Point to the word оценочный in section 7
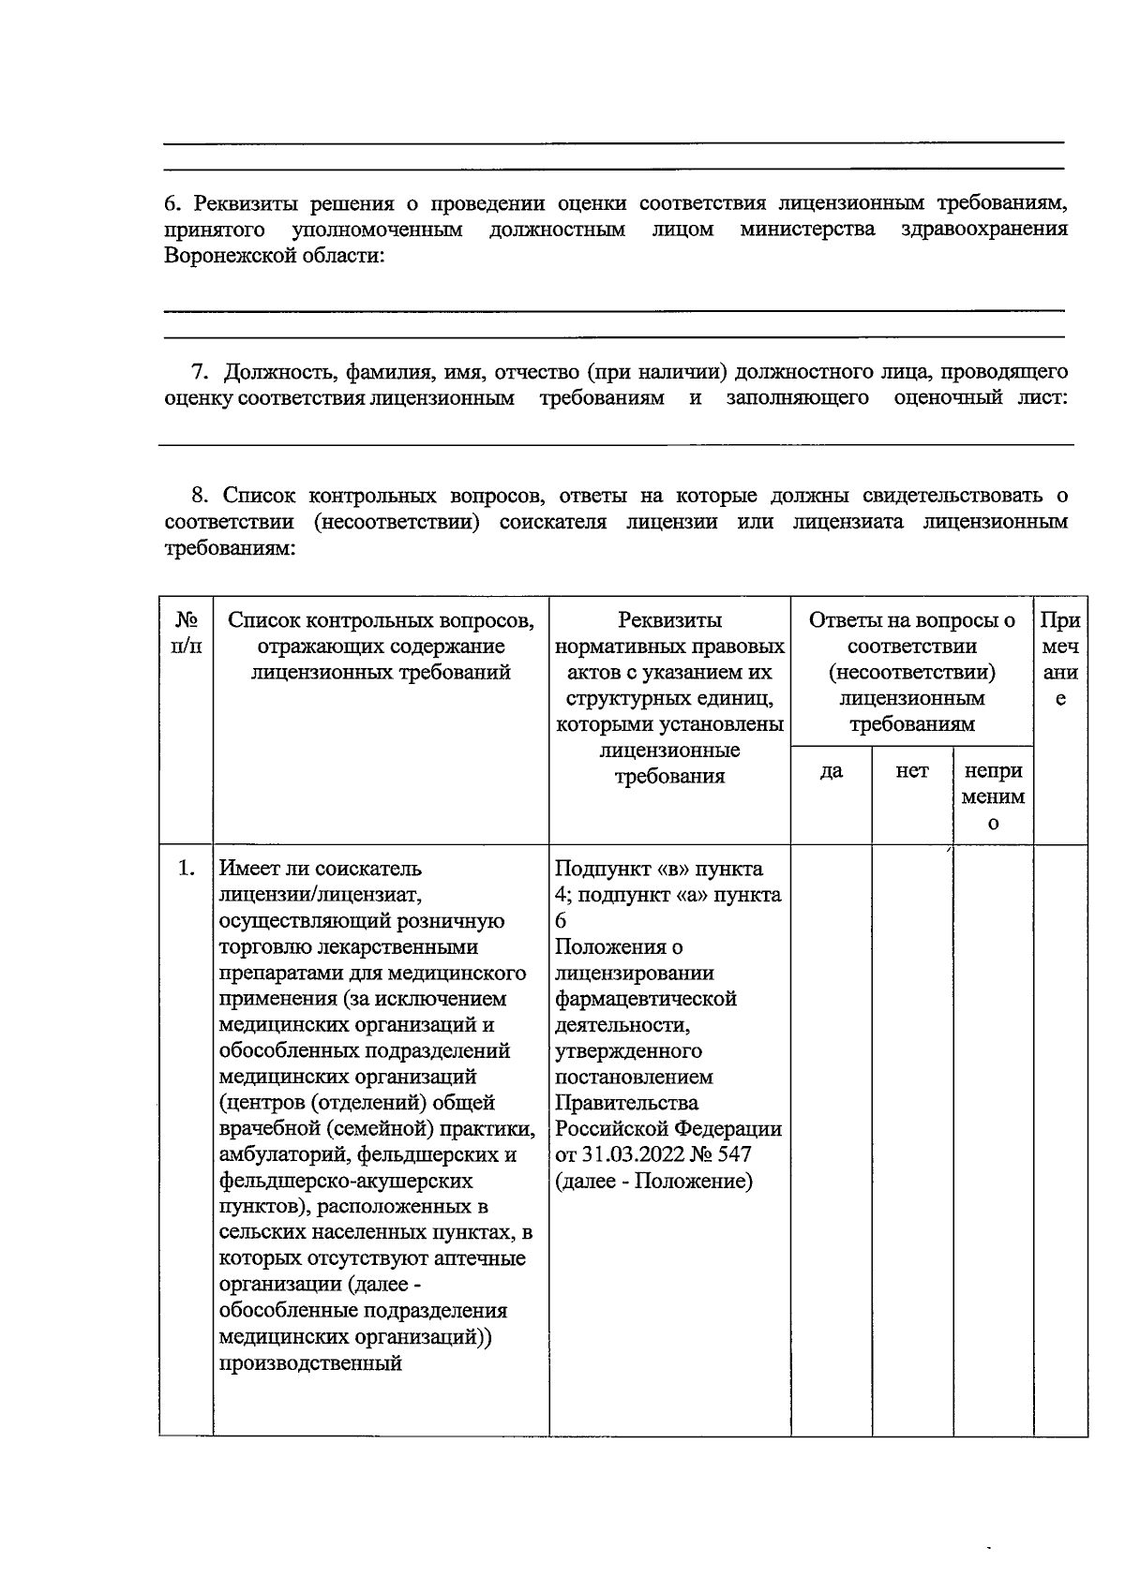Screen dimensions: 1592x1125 point(948,398)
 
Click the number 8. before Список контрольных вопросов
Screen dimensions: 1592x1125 point(200,495)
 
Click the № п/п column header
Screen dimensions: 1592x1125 point(187,633)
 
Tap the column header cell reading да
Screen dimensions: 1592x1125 point(831,771)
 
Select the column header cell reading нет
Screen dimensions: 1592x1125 point(911,771)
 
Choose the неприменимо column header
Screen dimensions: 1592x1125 point(993,796)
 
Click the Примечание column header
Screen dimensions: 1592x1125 point(1060,660)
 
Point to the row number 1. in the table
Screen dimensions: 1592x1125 point(187,869)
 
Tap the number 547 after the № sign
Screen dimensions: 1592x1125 point(734,1154)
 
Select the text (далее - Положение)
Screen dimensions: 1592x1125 point(653,1181)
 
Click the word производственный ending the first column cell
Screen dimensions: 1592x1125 point(310,1362)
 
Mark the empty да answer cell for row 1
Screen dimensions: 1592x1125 point(831,1138)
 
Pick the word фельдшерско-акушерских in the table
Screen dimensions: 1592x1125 point(346,1181)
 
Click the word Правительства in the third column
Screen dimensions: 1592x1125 point(626,1103)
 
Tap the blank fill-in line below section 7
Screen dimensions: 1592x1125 point(615,443)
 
